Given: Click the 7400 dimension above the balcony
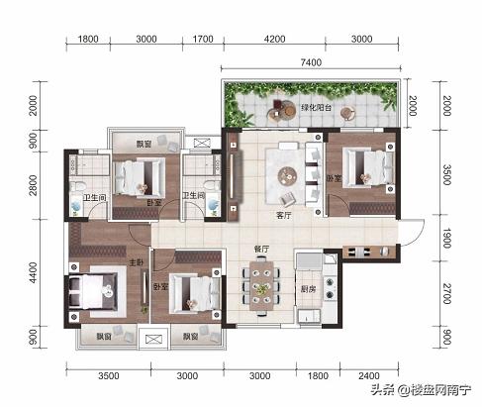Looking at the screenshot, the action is tap(311, 62).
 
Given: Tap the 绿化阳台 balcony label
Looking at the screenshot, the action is tap(316, 108).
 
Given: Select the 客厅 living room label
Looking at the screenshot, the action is tap(284, 216).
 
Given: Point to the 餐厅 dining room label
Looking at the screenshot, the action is tap(261, 249).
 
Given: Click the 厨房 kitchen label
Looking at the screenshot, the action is tap(308, 289).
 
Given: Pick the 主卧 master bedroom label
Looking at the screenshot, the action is tap(136, 262).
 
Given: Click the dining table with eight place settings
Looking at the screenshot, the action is tap(261, 286).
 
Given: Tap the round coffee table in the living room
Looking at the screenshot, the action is tap(287, 175).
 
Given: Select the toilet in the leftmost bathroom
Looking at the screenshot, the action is tap(76, 187).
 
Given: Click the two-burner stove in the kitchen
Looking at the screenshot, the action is tap(330, 288).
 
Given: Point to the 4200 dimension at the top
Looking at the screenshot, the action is tap(274, 39).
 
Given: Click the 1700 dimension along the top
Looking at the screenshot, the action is tap(203, 39).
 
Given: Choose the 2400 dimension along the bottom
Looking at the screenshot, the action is tap(369, 375).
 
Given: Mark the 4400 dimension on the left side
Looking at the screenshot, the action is tap(33, 272).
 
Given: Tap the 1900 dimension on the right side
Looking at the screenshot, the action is tap(446, 238).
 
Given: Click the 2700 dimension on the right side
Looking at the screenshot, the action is tap(446, 293).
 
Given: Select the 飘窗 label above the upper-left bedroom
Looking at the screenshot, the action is tap(144, 145).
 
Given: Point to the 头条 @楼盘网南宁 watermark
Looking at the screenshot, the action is tap(421, 390).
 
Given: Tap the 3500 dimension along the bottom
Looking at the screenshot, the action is tap(109, 375).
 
